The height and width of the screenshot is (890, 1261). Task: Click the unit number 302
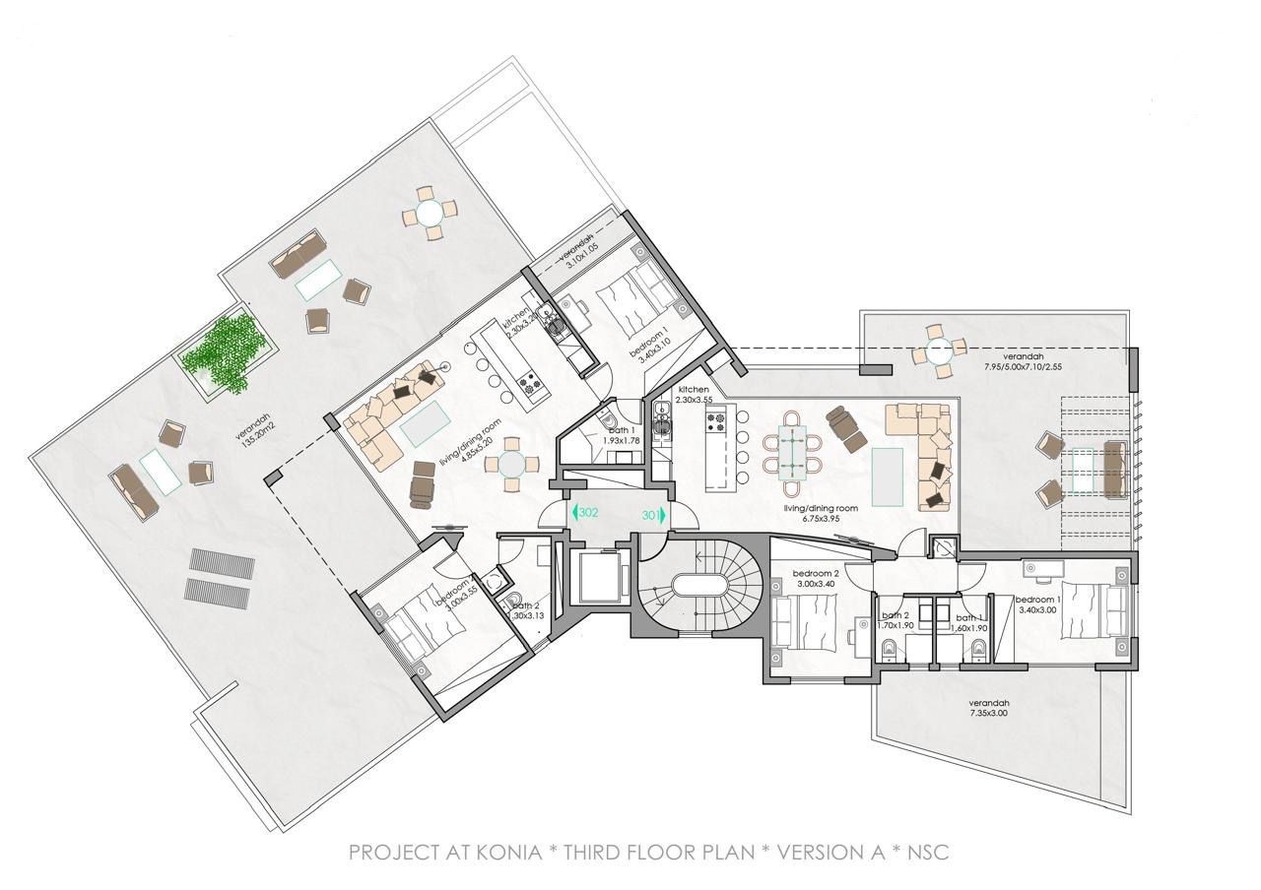pos(589,513)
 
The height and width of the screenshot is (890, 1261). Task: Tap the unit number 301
pos(649,514)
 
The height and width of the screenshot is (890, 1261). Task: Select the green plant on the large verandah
pos(228,352)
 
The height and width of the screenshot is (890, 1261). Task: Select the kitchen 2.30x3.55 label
pos(694,396)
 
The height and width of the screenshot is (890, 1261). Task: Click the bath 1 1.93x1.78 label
pos(622,434)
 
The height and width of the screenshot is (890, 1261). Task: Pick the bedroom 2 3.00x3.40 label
pos(815,579)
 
